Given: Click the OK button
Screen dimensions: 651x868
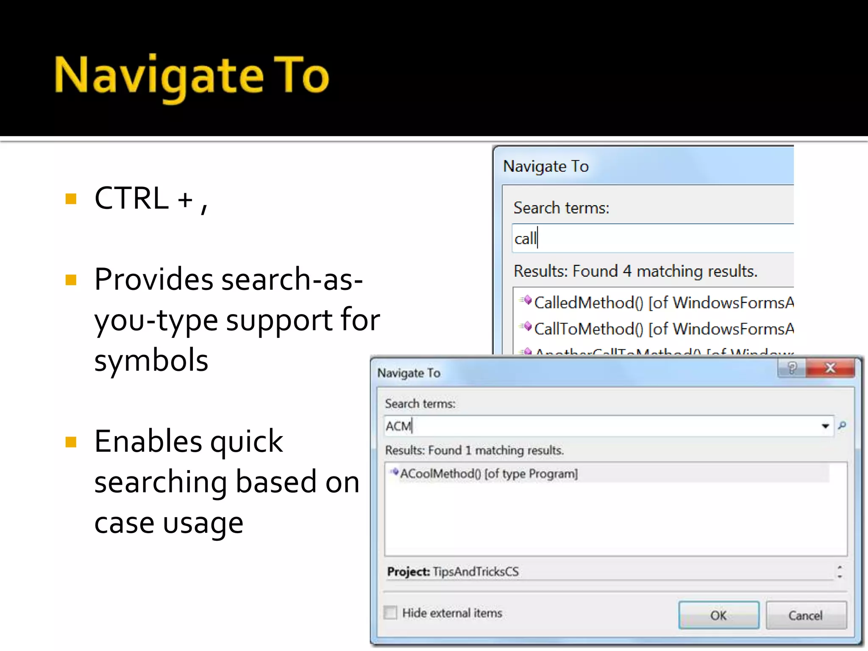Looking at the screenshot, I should tap(718, 615).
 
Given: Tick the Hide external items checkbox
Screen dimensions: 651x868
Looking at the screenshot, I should tap(390, 612).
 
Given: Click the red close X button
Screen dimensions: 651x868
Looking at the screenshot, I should tap(830, 368).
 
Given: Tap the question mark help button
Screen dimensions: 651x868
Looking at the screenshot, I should tap(792, 368).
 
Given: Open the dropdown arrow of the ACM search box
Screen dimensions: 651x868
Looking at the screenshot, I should tap(825, 426).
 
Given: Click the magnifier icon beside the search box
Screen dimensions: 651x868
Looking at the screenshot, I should tap(842, 425).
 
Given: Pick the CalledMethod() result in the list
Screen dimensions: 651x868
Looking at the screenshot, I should tap(589, 303).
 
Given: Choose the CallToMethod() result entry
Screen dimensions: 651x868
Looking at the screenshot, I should tap(589, 329).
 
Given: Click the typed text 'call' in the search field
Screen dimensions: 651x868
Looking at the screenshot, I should tap(525, 239).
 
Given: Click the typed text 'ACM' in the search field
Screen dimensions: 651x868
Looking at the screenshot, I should tap(398, 426).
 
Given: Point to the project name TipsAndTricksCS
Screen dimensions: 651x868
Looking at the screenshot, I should tap(476, 572).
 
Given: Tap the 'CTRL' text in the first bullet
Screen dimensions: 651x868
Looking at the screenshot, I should tap(131, 198).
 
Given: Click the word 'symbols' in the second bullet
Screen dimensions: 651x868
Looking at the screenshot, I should tap(151, 360).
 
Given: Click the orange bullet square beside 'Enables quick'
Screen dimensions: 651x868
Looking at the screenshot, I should tap(71, 442).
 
